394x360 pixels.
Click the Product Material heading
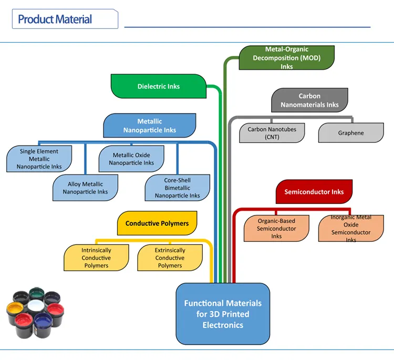[55, 20]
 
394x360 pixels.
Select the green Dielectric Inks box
[158, 86]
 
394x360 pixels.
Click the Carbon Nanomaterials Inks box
[309, 100]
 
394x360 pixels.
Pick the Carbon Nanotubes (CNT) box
[272, 133]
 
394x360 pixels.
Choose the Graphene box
[350, 133]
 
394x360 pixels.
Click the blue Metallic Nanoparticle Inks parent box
[150, 126]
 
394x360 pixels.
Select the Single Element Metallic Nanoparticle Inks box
[39, 159]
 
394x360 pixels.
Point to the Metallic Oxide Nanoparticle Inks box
[131, 159]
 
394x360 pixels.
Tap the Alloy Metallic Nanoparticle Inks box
[85, 188]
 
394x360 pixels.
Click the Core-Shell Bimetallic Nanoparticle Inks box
[177, 188]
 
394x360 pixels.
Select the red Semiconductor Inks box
[314, 192]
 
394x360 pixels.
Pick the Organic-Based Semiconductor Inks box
[276, 229]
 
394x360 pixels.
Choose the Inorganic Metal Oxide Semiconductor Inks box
[350, 229]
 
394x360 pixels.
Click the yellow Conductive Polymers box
[157, 223]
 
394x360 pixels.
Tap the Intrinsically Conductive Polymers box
[96, 258]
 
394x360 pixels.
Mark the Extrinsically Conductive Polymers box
[170, 258]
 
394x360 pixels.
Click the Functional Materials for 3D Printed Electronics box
[222, 314]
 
